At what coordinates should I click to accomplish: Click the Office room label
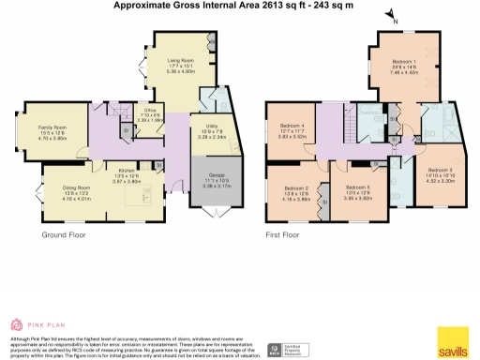[148, 110]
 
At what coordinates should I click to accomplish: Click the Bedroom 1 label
[408, 63]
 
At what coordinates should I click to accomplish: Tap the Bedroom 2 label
[295, 187]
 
